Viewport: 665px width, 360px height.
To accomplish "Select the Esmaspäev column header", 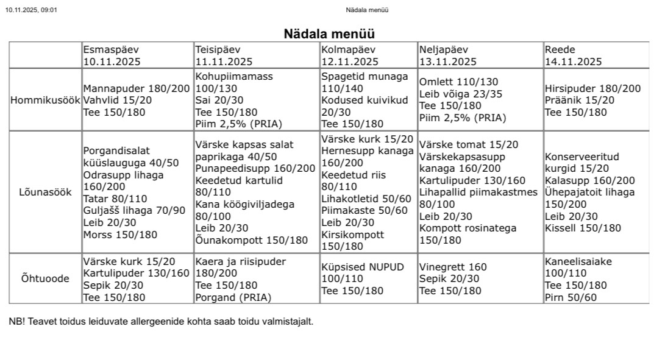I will (x=107, y=49).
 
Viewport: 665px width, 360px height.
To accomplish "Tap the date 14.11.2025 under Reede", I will (x=573, y=62).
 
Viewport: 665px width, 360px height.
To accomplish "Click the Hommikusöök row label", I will (x=46, y=100).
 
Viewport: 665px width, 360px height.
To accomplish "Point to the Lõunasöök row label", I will (x=46, y=192).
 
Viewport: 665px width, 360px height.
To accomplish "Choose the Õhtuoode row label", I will (x=46, y=279).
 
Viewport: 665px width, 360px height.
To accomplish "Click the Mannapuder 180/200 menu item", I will (x=137, y=88).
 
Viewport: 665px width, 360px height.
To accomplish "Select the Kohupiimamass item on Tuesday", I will (x=234, y=77).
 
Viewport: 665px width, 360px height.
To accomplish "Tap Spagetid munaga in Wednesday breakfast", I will (x=365, y=77).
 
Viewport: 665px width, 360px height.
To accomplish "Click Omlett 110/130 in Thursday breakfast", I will (x=458, y=82).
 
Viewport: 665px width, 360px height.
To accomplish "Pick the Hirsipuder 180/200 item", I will (x=592, y=88).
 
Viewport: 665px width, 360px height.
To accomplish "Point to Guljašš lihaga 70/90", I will (x=134, y=211).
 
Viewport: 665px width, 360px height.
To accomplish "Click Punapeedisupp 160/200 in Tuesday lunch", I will (x=255, y=169).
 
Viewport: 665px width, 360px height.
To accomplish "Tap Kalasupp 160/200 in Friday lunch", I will (x=589, y=180).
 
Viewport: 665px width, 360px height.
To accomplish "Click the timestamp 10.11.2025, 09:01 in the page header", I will (x=31, y=10).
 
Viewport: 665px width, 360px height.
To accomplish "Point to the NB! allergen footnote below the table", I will (x=161, y=321).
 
